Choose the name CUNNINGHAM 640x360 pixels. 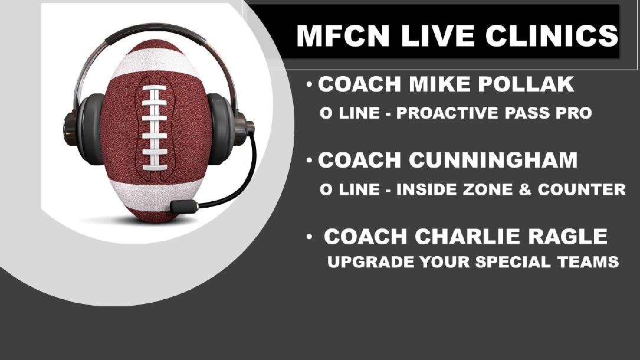pyautogui.click(x=493, y=160)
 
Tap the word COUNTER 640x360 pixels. pyautogui.click(x=582, y=189)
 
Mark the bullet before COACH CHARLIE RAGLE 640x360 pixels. pyautogui.click(x=310, y=237)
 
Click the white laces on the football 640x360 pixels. pyautogui.click(x=155, y=127)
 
